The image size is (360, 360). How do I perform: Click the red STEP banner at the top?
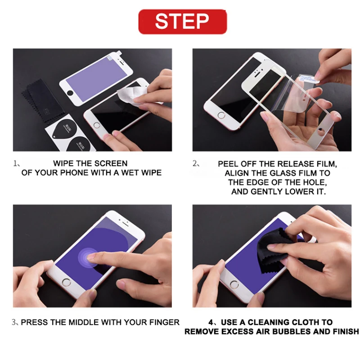click(183, 22)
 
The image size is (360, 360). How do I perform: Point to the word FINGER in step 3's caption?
click(164, 322)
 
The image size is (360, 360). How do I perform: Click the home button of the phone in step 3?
click(67, 283)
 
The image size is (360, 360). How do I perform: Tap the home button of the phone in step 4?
click(234, 285)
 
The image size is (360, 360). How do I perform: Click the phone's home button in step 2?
click(221, 115)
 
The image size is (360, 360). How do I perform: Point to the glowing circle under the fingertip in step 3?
click(89, 257)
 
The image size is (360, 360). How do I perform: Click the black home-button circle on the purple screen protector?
click(70, 93)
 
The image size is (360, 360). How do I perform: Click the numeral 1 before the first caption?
click(15, 164)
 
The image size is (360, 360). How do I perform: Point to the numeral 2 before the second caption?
click(195, 164)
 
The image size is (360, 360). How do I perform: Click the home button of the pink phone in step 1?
click(97, 126)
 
